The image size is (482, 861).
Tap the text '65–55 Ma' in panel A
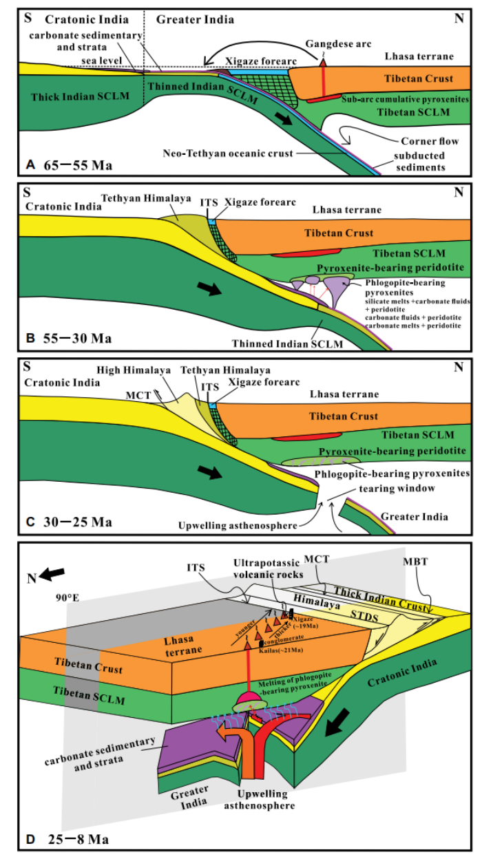coord(75,166)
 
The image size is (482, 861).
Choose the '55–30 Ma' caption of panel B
coord(75,338)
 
